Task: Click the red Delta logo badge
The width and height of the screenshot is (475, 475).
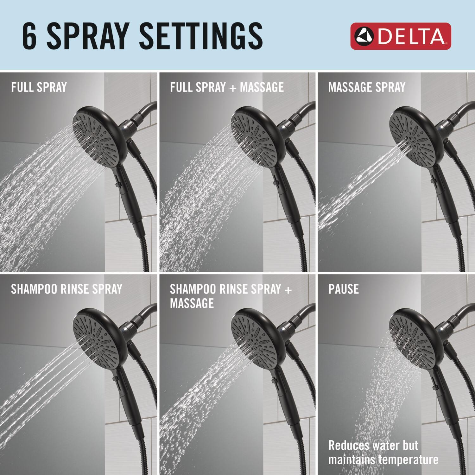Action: [x=401, y=36]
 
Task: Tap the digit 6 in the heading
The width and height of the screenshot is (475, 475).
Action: [x=29, y=36]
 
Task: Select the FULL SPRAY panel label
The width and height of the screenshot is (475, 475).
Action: [x=39, y=87]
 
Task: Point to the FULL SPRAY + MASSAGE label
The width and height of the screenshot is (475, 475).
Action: [x=227, y=87]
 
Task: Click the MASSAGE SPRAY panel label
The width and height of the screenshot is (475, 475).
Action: [x=367, y=87]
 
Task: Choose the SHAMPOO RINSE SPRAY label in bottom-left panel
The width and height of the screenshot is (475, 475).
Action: [x=66, y=289]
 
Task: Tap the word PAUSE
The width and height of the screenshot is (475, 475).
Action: [x=344, y=289]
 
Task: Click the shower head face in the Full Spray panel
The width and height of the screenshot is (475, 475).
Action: [x=95, y=136]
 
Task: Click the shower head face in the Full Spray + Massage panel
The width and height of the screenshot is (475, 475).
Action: [x=253, y=136]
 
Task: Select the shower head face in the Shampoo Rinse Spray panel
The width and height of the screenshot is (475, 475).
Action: [x=95, y=338]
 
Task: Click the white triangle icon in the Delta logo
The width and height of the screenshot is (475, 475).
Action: [x=364, y=36]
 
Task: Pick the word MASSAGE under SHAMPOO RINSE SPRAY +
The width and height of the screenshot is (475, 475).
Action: [x=192, y=303]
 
